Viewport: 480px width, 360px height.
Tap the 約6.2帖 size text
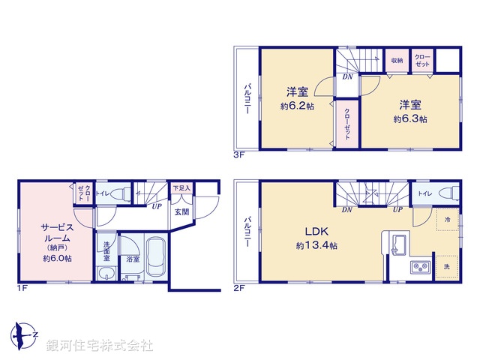(298, 107)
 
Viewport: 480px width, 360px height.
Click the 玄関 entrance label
(182, 212)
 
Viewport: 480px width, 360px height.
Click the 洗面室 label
(106, 249)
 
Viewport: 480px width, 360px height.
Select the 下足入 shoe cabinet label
(181, 188)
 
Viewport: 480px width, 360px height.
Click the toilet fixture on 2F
(447, 193)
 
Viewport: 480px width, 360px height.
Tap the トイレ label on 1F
(103, 193)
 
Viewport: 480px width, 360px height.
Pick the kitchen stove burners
(417, 266)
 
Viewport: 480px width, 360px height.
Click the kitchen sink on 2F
(397, 244)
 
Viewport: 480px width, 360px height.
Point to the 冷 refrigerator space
(445, 219)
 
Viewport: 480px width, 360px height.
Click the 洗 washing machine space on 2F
(445, 267)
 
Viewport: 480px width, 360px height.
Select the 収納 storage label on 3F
(397, 61)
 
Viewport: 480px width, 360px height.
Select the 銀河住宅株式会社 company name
(99, 346)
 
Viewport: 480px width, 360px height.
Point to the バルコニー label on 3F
(246, 99)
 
